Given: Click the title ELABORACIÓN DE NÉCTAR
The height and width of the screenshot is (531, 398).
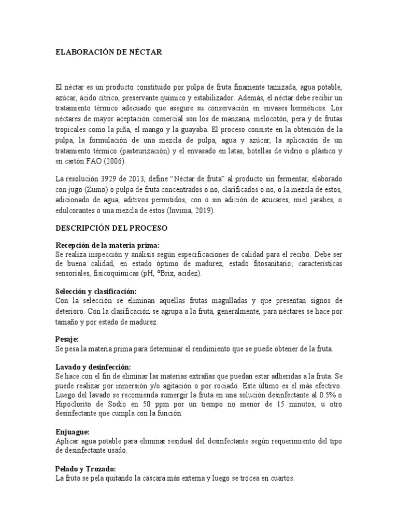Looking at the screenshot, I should coord(109,52).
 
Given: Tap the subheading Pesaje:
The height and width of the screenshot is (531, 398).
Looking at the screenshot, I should coord(67,339).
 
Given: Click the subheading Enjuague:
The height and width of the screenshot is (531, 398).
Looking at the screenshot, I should coord(73,431).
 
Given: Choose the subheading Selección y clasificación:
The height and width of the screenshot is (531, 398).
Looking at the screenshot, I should coord(96,291).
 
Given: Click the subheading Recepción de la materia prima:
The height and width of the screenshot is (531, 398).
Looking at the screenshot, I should coord(107,245).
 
